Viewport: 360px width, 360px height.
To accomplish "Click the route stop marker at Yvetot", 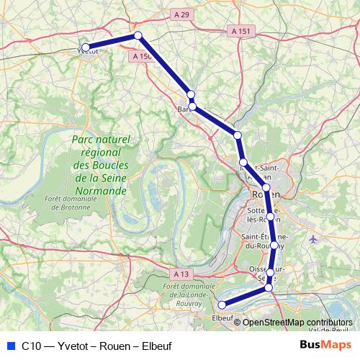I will point(86,48).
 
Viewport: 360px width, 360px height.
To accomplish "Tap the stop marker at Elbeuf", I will point(222,305).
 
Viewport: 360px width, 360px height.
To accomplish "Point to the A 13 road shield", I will point(181,274).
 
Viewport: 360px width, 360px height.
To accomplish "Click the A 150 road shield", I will point(141,55).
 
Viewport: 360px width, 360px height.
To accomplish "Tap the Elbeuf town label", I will point(222,318).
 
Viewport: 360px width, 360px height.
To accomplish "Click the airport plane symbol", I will point(312,238).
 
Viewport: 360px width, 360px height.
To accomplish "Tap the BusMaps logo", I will point(325,345).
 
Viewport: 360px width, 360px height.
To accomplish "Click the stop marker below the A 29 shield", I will point(138,35).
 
